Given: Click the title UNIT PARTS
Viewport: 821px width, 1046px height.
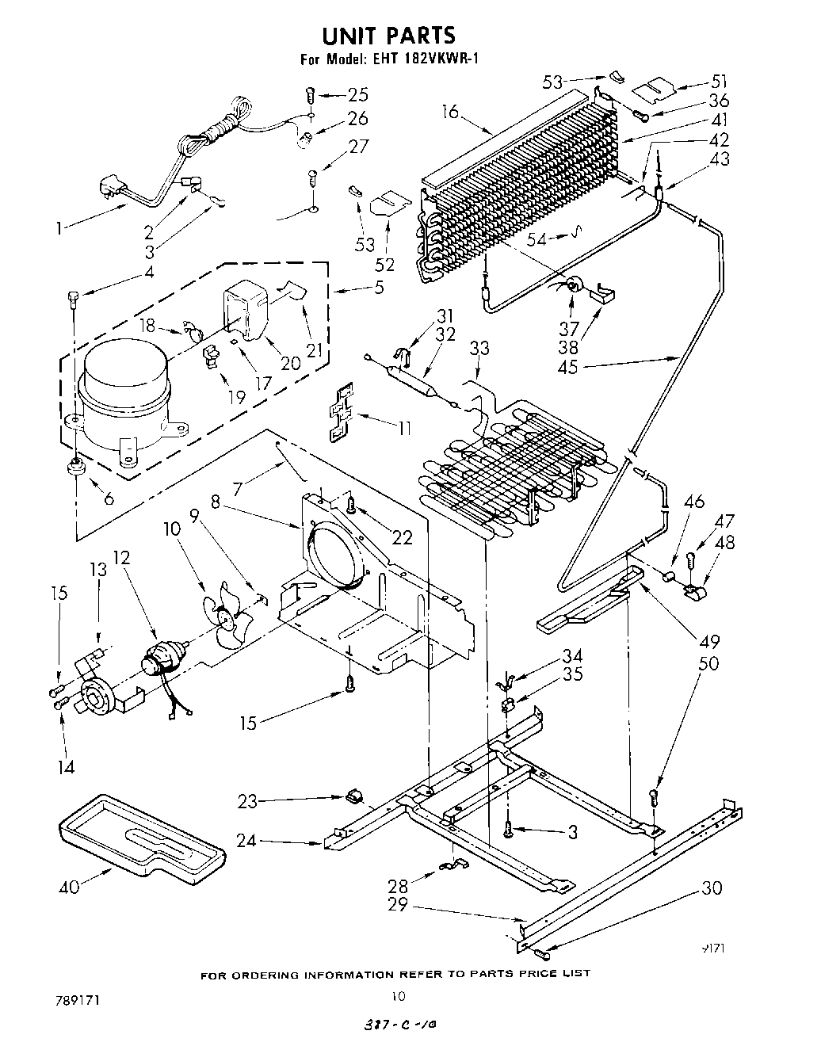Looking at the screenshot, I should click(388, 35).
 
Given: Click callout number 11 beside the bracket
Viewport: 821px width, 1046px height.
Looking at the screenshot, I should click(405, 427).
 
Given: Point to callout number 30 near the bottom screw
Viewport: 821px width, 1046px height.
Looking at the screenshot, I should click(712, 888).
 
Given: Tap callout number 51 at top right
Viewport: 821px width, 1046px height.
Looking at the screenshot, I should click(718, 81).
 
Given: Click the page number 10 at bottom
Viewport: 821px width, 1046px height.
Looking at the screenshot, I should click(399, 996).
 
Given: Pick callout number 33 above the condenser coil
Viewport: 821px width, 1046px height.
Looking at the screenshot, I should click(479, 349).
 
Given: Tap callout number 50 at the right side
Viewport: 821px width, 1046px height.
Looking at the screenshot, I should click(708, 662).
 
